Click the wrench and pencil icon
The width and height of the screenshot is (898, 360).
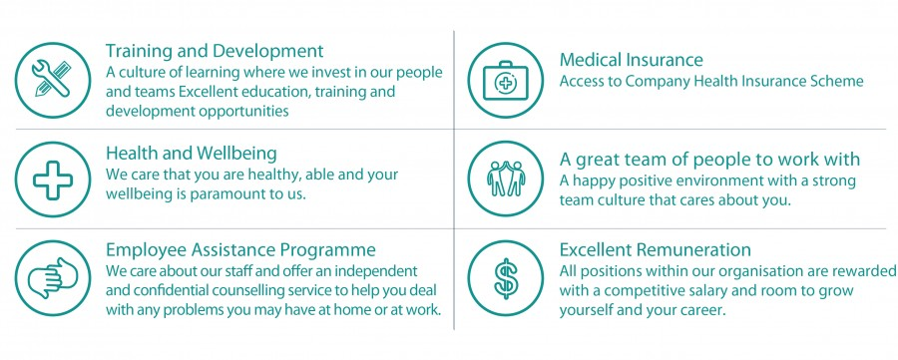click(52, 80)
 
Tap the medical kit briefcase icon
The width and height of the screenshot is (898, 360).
click(505, 80)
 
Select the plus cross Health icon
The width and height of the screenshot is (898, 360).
click(52, 180)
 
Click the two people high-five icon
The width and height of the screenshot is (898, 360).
click(505, 180)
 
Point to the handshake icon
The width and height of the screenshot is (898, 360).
click(52, 279)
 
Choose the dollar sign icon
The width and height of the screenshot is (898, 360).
click(505, 279)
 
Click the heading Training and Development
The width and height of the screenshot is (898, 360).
click(215, 52)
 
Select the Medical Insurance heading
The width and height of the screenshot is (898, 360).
click(632, 60)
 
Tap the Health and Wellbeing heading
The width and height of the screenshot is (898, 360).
click(192, 154)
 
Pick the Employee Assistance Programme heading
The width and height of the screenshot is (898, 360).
click(240, 250)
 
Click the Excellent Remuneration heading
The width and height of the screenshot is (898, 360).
click(656, 250)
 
